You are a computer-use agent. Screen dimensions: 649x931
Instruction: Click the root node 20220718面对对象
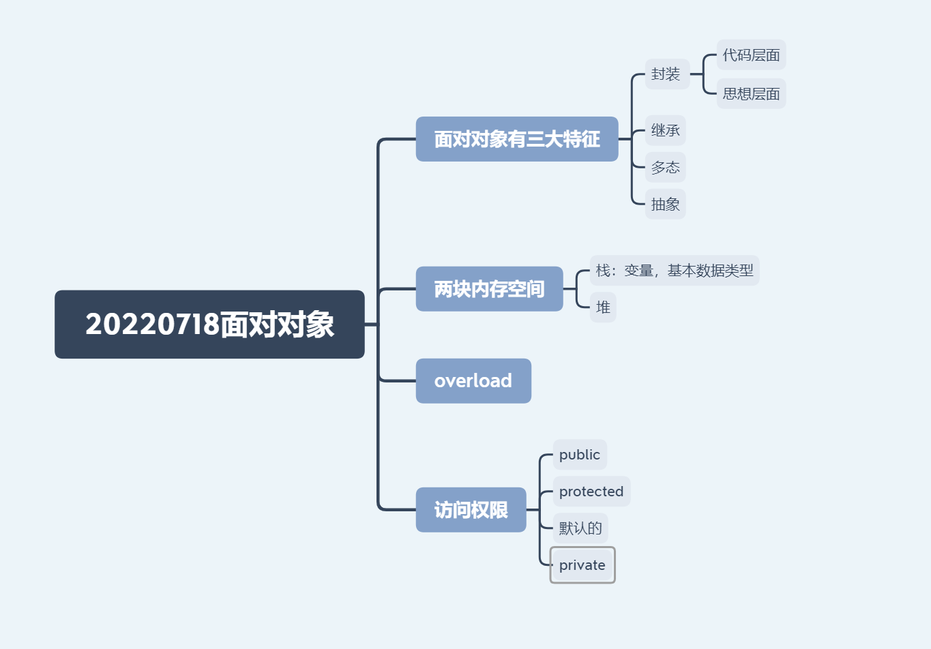[x=209, y=324]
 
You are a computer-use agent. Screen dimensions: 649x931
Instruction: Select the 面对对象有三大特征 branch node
[x=517, y=139]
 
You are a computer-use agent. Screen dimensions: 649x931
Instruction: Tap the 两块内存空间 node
[x=489, y=289]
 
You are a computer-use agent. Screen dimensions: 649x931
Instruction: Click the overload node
[x=473, y=381]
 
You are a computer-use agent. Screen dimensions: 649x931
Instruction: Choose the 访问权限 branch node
[x=471, y=510]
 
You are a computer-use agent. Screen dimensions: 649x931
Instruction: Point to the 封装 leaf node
[x=666, y=74]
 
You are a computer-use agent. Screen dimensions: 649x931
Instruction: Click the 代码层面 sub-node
[x=751, y=55]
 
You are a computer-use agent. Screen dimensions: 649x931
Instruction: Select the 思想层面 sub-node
[x=751, y=94]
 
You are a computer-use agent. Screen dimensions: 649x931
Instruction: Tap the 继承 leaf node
[x=665, y=130]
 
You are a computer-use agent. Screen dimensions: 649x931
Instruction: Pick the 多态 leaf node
[x=665, y=167]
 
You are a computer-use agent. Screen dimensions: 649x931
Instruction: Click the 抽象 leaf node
[x=665, y=204]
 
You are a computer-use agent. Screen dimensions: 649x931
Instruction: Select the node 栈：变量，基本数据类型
[x=674, y=271]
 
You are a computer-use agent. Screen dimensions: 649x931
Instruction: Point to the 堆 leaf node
[x=603, y=307]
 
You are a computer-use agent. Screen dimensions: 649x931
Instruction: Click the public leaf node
[x=580, y=455]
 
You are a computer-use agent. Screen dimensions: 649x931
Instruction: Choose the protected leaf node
[x=591, y=492]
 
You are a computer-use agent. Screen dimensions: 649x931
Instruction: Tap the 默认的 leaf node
[x=580, y=528]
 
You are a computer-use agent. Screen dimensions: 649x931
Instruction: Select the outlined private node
[x=582, y=565]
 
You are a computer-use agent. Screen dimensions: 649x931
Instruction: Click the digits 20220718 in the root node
[x=152, y=324]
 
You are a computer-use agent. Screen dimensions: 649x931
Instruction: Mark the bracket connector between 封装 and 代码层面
[x=703, y=74]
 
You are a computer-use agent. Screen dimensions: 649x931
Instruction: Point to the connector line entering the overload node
[x=397, y=380]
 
